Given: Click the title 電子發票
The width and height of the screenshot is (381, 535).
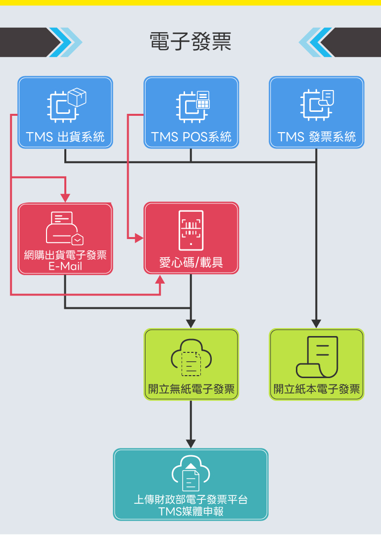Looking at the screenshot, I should (190, 42).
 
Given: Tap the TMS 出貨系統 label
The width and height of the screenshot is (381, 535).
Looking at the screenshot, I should (65, 137).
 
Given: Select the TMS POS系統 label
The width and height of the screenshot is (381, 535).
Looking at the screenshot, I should (191, 137).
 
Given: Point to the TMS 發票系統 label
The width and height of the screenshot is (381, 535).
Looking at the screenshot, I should (317, 137).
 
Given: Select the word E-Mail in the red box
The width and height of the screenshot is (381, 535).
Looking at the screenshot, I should (65, 266).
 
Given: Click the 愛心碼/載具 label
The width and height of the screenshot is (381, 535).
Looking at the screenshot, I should (191, 262).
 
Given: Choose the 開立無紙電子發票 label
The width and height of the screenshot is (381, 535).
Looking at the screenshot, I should (191, 389).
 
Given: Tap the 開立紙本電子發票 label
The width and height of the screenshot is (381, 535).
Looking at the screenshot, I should (317, 389).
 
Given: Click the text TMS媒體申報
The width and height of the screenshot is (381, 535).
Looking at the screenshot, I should (191, 512).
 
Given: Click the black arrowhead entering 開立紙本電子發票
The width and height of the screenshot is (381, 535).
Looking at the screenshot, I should (316, 323).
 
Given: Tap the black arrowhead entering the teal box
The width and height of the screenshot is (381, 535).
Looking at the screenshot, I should (191, 443).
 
